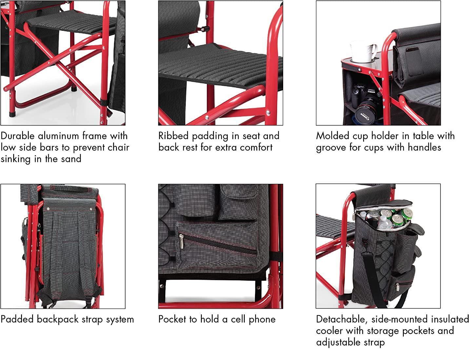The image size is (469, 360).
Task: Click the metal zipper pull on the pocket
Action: (181, 241)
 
